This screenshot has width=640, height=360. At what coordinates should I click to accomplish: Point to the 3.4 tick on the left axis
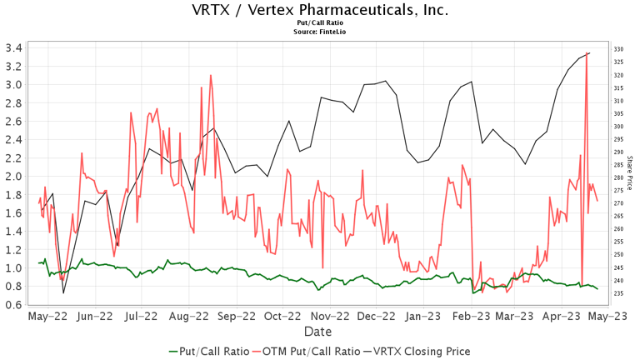[12, 47]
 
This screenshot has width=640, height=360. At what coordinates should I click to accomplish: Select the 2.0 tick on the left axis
[12, 177]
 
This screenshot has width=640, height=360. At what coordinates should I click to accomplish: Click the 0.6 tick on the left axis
[12, 305]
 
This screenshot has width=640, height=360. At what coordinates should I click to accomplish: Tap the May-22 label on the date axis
[47, 317]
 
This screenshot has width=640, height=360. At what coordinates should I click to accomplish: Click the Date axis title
[320, 332]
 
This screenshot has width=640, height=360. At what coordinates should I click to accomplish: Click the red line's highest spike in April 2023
[588, 53]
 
